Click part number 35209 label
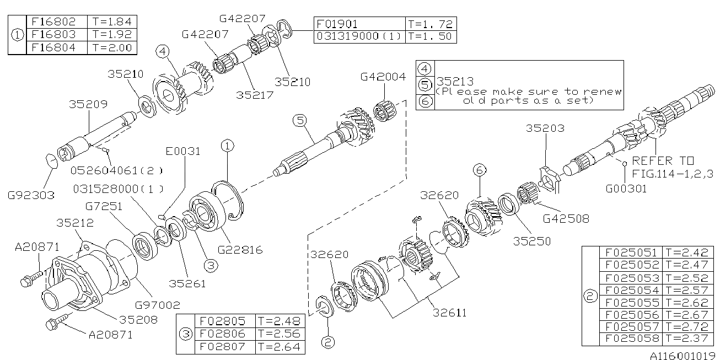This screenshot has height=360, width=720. pos(88,103)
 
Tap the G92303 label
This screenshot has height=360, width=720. pos(31,195)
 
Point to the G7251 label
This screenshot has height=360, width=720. pos(104,207)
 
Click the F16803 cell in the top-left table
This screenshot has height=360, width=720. pos(56,35)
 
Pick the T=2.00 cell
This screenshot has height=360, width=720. pos(112,47)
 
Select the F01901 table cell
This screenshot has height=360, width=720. pos(337,24)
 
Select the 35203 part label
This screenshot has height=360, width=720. pos(545,128)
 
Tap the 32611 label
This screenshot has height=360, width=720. pos(449,313)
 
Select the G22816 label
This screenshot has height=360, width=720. pos(240,250)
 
